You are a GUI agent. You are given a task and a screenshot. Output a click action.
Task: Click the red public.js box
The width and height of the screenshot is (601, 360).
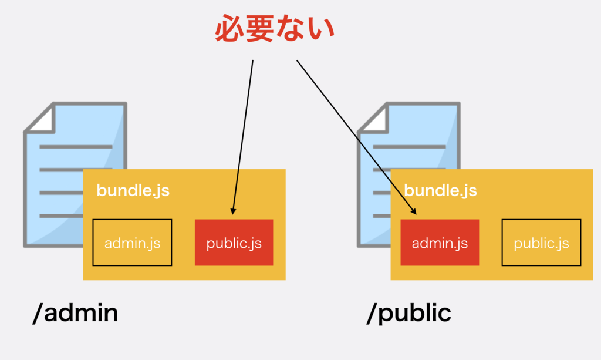click(x=234, y=243)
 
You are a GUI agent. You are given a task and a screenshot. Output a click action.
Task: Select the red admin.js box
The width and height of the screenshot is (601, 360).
click(x=440, y=243)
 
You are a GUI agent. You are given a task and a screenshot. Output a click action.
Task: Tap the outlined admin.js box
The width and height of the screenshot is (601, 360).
click(x=132, y=243)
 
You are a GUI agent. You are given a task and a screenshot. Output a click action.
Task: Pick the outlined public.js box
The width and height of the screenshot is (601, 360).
click(x=541, y=243)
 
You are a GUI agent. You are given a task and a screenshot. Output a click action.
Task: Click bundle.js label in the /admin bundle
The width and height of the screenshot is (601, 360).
click(x=133, y=190)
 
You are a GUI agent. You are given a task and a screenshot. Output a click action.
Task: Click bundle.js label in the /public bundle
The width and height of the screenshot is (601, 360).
click(x=440, y=190)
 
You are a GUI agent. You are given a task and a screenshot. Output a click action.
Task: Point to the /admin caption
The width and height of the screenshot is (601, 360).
click(x=75, y=314)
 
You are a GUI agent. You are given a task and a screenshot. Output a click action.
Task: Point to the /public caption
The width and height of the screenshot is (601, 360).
click(x=408, y=314)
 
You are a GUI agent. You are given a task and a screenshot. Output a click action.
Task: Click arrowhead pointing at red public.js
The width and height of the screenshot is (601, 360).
click(x=234, y=211)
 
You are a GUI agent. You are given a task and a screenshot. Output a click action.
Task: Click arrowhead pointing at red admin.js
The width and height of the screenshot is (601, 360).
click(x=414, y=211)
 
